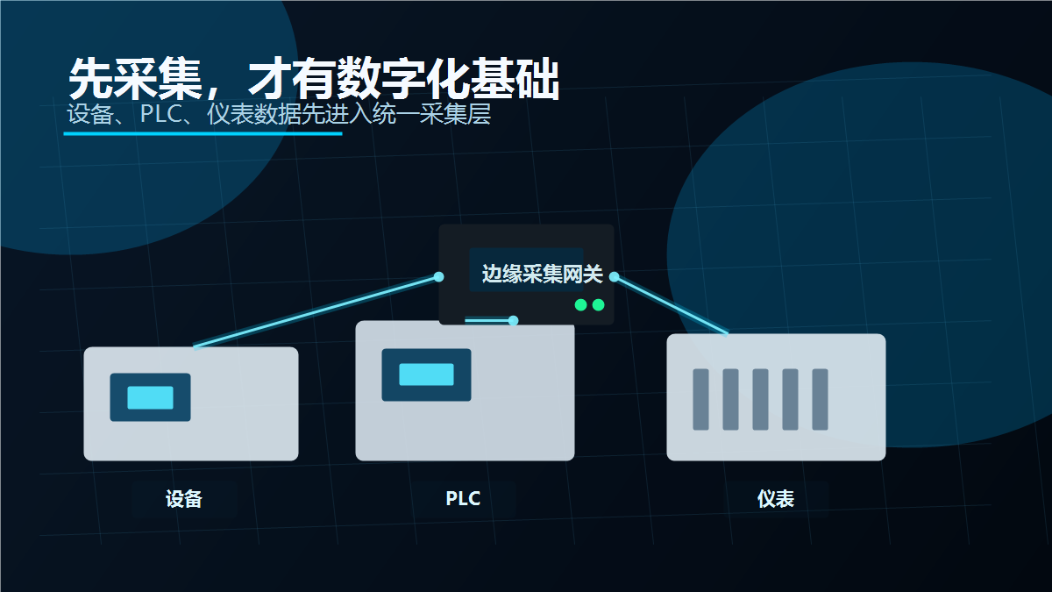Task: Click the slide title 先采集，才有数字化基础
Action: click(x=314, y=78)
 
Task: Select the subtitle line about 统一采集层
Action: click(x=279, y=114)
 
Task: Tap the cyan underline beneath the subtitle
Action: click(x=203, y=134)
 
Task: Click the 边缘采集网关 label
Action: click(x=543, y=274)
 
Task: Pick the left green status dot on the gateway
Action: click(x=580, y=305)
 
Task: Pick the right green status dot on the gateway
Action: click(x=598, y=305)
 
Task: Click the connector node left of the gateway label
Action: click(x=438, y=277)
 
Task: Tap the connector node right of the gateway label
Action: click(x=614, y=277)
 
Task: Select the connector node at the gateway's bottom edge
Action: click(x=514, y=320)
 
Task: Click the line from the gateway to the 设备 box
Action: click(x=316, y=312)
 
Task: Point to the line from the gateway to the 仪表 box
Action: click(x=672, y=305)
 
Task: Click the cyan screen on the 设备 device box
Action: click(x=150, y=397)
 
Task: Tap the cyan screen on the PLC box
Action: click(x=426, y=374)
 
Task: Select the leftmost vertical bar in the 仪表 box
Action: click(x=700, y=399)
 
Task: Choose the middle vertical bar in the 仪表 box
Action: click(x=760, y=399)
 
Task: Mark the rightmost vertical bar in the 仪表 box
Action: click(x=820, y=399)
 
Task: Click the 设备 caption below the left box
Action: click(x=183, y=499)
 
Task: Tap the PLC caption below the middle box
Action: click(x=463, y=498)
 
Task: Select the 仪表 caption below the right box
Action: click(x=776, y=499)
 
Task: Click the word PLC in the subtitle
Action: click(x=161, y=114)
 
